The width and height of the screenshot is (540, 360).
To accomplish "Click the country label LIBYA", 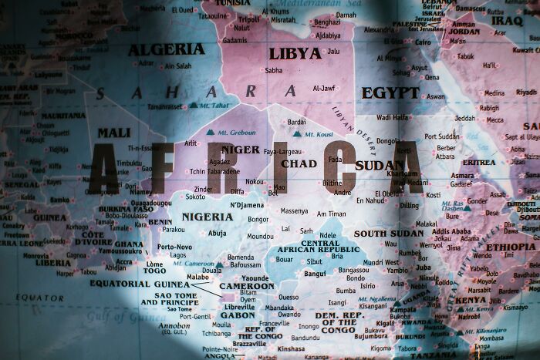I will tap(295, 54).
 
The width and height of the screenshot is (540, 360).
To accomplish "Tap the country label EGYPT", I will tap(390, 93).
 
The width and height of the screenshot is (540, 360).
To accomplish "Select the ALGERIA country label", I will tap(167, 49).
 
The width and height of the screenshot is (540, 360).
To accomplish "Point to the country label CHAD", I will tap(299, 163).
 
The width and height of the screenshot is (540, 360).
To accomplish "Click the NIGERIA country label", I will tap(208, 217).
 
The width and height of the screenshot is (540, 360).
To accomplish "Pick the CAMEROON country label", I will tap(247, 286).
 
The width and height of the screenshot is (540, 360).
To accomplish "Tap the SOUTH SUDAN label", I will tap(389, 233).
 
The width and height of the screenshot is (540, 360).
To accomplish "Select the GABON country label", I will tap(238, 315).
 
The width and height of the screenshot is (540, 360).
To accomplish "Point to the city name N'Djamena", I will tap(247, 205).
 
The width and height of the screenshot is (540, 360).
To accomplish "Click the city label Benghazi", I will tap(326, 22).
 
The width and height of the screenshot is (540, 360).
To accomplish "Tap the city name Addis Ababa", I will tap(451, 231).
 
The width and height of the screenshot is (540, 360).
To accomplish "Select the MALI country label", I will tap(113, 133).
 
